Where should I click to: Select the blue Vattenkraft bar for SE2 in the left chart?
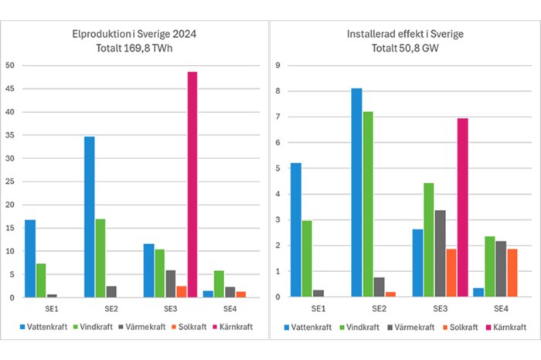pos(90,217)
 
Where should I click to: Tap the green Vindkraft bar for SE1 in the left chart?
pos(41,280)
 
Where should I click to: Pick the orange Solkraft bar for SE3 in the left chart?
pos(181,291)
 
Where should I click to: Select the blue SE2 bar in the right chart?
pos(356,192)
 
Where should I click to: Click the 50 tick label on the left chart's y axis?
pos(10,66)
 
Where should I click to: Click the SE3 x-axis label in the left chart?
pos(170,308)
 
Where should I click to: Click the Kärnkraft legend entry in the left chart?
pos(232,328)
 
